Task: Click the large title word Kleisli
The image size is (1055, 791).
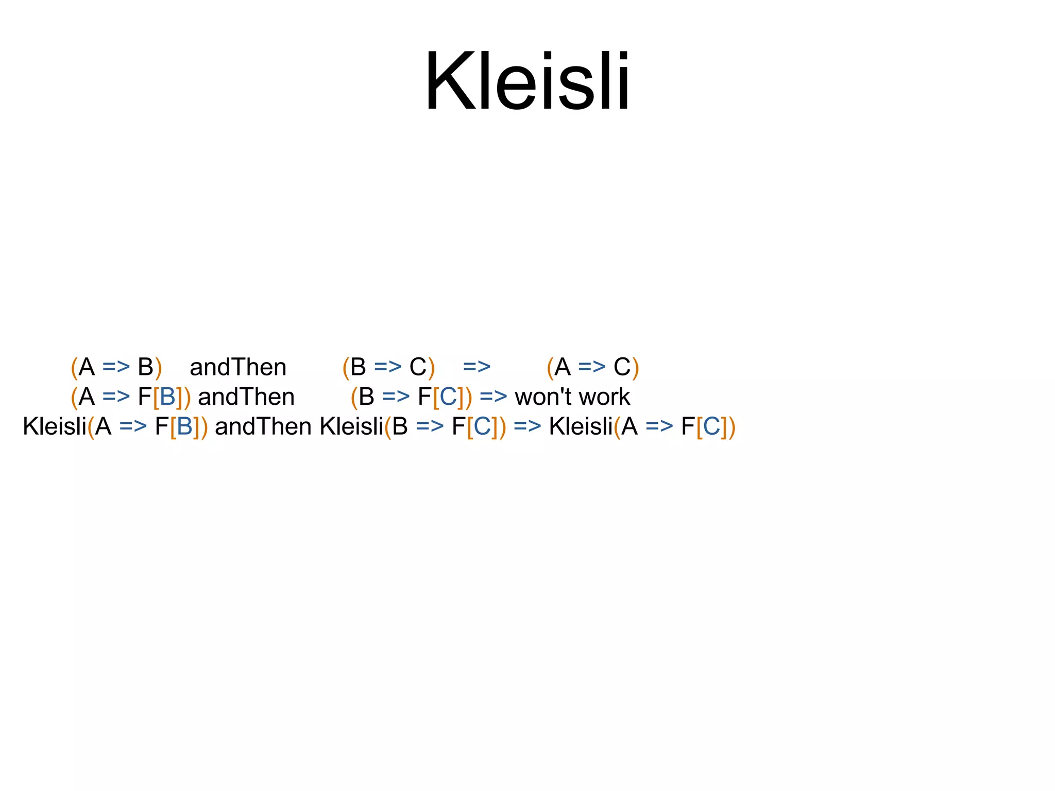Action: click(x=526, y=81)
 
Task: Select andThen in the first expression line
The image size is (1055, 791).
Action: click(x=238, y=367)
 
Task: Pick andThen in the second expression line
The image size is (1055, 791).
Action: click(x=246, y=397)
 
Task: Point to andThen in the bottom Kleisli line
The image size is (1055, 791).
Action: click(x=263, y=427)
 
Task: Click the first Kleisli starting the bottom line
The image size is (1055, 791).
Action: click(x=55, y=427)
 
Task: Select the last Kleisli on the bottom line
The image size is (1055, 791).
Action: click(x=581, y=427)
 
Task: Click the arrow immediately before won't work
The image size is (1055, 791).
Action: click(x=493, y=397)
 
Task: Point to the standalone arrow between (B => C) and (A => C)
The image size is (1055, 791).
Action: click(x=477, y=367)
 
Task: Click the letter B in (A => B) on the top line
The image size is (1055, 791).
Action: click(x=145, y=367)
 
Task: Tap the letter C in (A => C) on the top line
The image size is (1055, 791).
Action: click(x=622, y=367)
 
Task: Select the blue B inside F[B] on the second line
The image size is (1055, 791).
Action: click(x=168, y=397)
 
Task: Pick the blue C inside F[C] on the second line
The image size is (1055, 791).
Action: click(x=448, y=397)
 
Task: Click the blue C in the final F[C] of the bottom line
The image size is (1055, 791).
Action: click(x=711, y=427)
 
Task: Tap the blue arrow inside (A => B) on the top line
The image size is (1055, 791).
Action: click(x=116, y=367)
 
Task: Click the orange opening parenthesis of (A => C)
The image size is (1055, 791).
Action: click(x=550, y=368)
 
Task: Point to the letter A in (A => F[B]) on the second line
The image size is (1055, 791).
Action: click(x=87, y=397)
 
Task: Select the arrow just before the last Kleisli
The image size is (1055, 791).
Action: click(x=527, y=427)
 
